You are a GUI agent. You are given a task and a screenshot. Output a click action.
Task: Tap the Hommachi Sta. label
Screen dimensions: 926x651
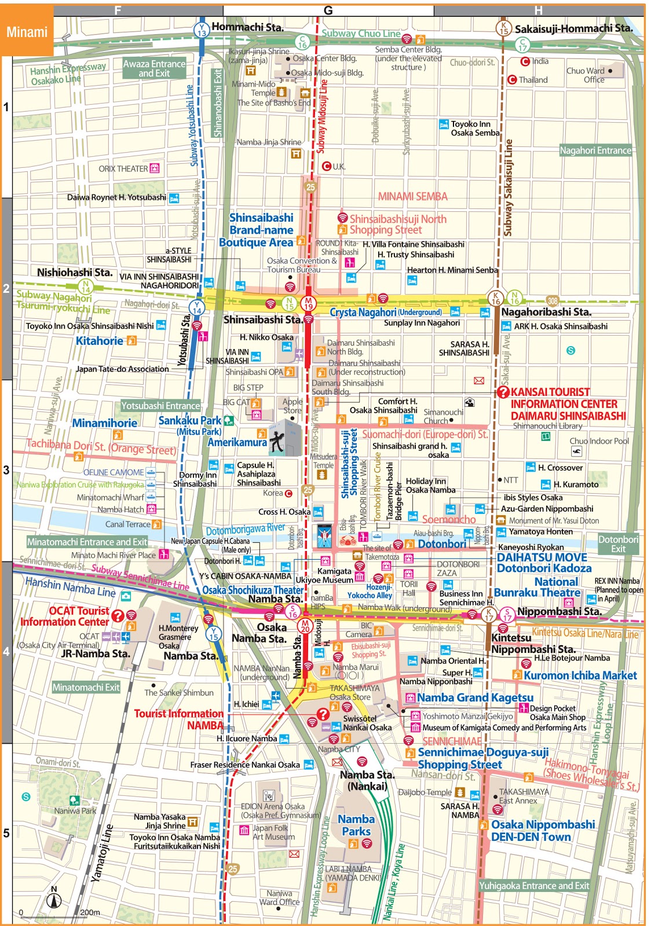[x=247, y=27]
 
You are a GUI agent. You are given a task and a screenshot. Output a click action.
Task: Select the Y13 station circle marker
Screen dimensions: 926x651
[x=202, y=30]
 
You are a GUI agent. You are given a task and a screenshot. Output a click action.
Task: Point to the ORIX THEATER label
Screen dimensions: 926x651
[x=123, y=169]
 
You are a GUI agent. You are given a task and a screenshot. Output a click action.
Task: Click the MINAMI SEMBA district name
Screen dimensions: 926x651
[x=412, y=197]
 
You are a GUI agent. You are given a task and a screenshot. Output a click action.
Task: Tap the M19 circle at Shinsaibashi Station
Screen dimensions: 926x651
[x=308, y=303]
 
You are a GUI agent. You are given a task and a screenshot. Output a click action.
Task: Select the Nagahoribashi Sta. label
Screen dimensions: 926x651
[x=546, y=312]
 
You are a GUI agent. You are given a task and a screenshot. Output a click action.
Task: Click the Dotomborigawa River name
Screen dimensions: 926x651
[x=245, y=529]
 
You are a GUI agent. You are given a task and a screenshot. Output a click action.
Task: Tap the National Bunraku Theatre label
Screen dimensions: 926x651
[x=537, y=587]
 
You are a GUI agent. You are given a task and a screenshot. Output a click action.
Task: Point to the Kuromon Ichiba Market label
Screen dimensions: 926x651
[x=580, y=675]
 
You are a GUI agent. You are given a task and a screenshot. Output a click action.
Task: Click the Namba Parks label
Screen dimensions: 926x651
[x=356, y=825]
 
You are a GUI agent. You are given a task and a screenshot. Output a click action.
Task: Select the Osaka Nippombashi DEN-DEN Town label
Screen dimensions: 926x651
[x=542, y=831]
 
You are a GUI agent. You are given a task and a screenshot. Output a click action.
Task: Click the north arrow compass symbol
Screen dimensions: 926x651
[x=54, y=899]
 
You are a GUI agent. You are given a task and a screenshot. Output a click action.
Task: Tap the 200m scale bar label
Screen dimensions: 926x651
[x=90, y=913]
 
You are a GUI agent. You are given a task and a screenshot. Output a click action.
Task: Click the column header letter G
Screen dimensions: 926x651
[x=328, y=10]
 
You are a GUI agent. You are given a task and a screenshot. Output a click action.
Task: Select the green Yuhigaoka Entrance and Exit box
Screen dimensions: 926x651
[x=533, y=885]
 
